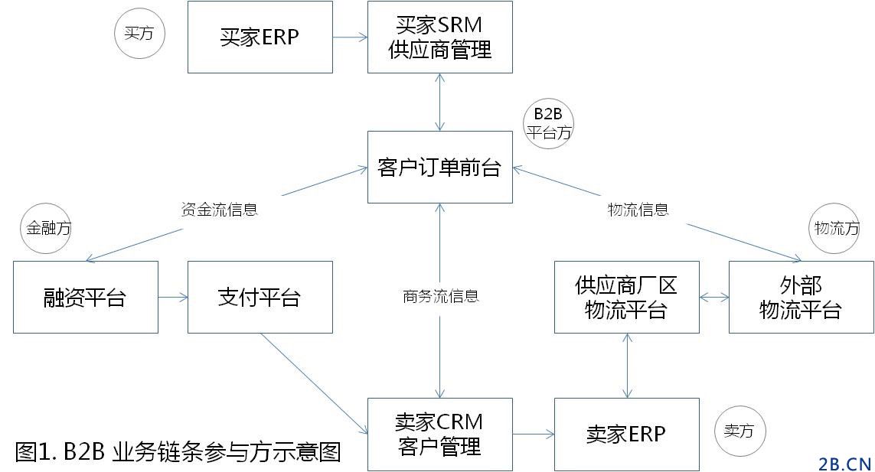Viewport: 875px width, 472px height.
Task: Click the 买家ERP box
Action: click(260, 37)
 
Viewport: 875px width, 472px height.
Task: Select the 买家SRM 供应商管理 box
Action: click(440, 37)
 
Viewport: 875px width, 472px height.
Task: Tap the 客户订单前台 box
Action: click(440, 167)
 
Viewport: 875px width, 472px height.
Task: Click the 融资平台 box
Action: click(86, 297)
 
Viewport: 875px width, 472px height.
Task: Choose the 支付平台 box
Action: click(260, 297)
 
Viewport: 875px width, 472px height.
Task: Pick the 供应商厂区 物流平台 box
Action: click(626, 297)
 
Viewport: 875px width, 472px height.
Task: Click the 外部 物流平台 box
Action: click(801, 297)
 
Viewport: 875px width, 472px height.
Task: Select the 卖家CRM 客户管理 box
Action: click(440, 434)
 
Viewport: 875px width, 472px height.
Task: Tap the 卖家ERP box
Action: click(626, 434)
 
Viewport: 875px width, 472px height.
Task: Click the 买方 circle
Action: click(139, 33)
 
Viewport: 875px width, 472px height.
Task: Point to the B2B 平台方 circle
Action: click(548, 122)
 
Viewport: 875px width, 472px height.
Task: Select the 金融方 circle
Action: click(45, 228)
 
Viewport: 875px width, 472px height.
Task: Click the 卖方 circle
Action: click(739, 431)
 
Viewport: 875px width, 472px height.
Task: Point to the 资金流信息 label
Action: click(219, 210)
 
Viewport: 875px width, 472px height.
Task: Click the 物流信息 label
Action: click(638, 210)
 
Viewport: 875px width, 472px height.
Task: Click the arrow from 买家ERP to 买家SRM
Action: click(350, 37)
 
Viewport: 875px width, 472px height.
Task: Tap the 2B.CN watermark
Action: click(844, 464)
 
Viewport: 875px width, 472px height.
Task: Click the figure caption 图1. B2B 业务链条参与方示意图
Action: click(178, 451)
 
